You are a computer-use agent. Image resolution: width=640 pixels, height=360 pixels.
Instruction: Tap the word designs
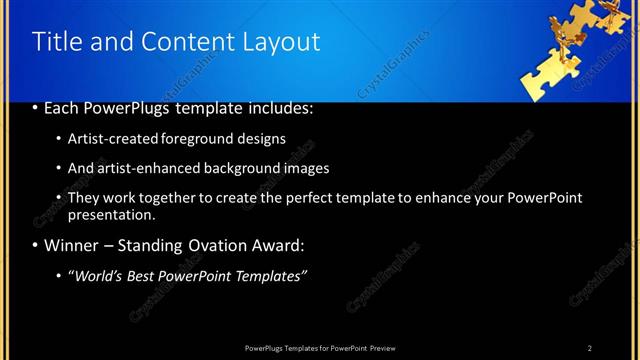[x=261, y=139]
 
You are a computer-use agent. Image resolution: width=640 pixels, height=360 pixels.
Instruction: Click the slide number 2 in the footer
[x=590, y=347]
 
